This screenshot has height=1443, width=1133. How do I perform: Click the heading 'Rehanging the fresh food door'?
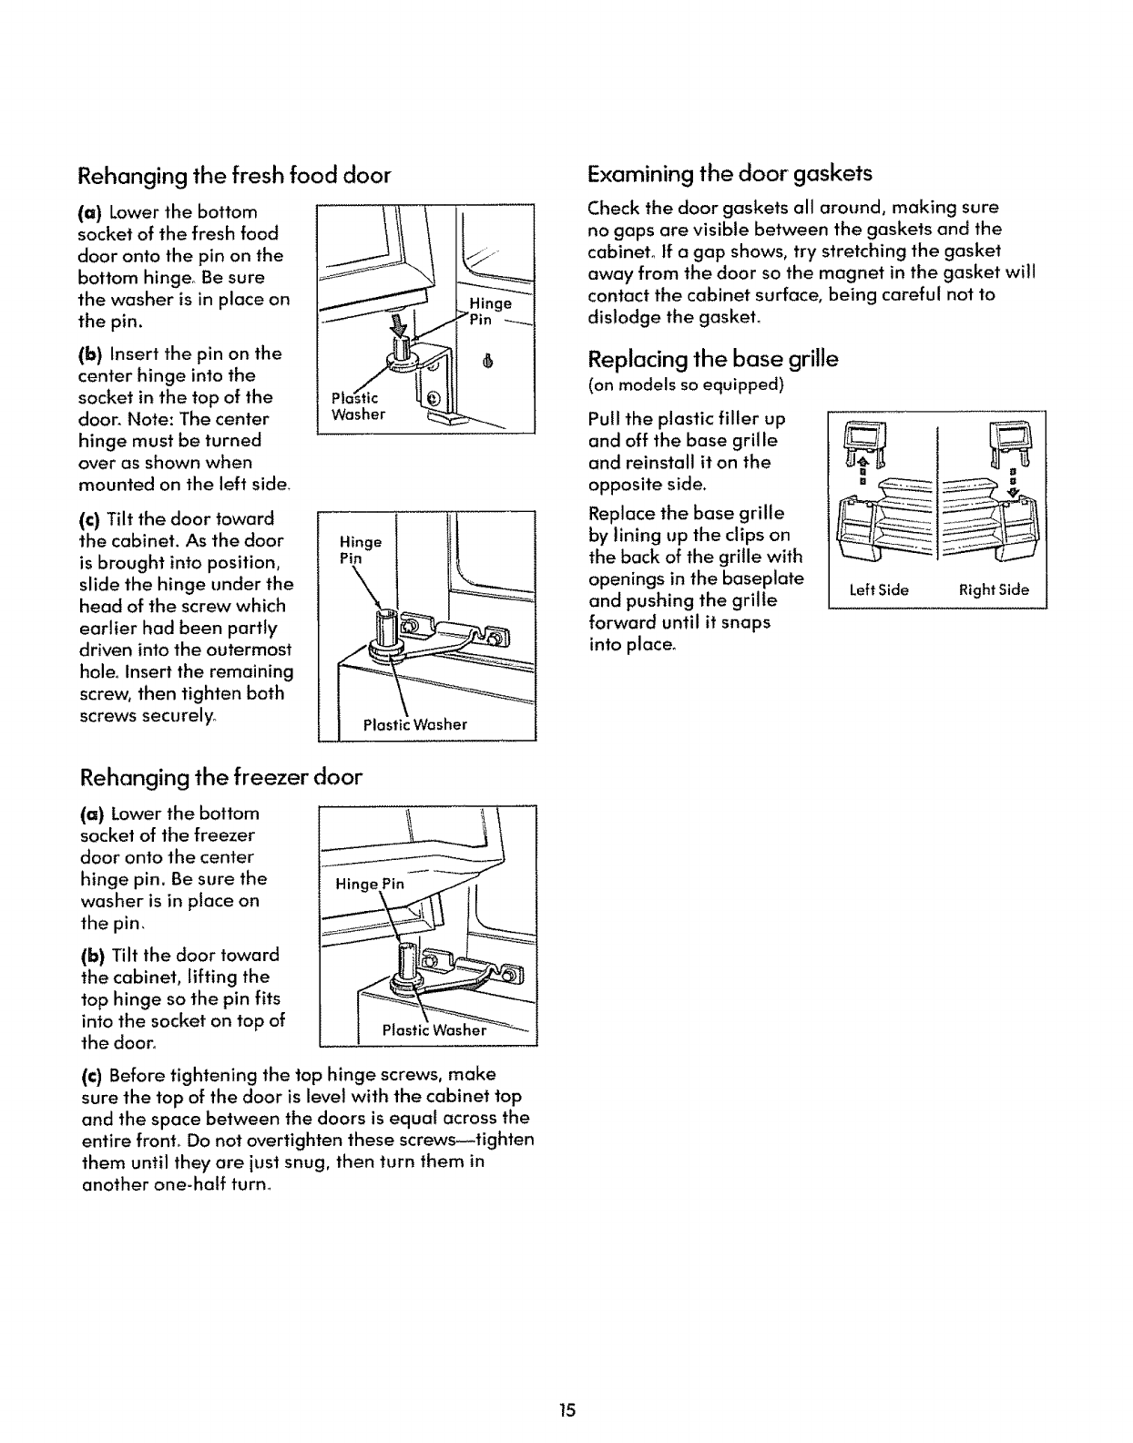click(x=235, y=175)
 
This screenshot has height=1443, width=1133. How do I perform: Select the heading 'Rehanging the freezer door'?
click(x=221, y=777)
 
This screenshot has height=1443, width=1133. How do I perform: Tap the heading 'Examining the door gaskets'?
click(x=730, y=173)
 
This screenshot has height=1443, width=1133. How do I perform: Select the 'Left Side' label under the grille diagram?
click(x=879, y=589)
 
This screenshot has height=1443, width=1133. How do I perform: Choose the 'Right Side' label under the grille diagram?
click(x=995, y=589)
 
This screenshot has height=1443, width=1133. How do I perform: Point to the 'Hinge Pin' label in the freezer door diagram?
click(x=370, y=885)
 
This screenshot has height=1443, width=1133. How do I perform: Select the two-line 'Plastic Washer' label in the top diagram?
click(x=359, y=406)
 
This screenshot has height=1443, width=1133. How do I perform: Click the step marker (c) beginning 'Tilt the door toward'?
click(x=90, y=519)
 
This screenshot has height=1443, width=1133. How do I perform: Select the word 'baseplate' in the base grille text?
click(x=770, y=578)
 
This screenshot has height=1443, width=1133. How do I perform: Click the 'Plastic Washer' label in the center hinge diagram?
click(x=414, y=724)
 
